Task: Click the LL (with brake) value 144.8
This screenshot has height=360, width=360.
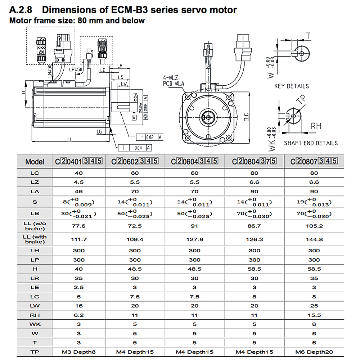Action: pyautogui.click(x=314, y=239)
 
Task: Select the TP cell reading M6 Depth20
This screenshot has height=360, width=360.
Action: pyautogui.click(x=314, y=352)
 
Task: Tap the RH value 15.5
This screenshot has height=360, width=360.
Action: pyautogui.click(x=314, y=315)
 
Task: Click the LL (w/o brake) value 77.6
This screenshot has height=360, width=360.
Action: pyautogui.click(x=79, y=226)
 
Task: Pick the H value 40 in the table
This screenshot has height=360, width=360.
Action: pyautogui.click(x=79, y=269)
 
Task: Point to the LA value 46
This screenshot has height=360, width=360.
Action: pyautogui.click(x=79, y=191)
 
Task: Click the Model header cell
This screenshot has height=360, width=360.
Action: pyautogui.click(x=35, y=162)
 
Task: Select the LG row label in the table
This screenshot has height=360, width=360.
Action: pyautogui.click(x=35, y=296)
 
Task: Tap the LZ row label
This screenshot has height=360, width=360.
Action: pyautogui.click(x=35, y=182)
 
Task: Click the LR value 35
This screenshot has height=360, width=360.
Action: pyautogui.click(x=314, y=278)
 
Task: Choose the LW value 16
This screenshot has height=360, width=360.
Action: pyautogui.click(x=79, y=306)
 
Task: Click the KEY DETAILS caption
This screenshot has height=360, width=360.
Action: pyautogui.click(x=291, y=86)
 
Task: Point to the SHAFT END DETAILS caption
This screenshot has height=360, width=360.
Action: pyautogui.click(x=311, y=143)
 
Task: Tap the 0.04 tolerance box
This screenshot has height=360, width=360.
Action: pyautogui.click(x=138, y=147)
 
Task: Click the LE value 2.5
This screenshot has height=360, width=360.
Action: pyautogui.click(x=79, y=287)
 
